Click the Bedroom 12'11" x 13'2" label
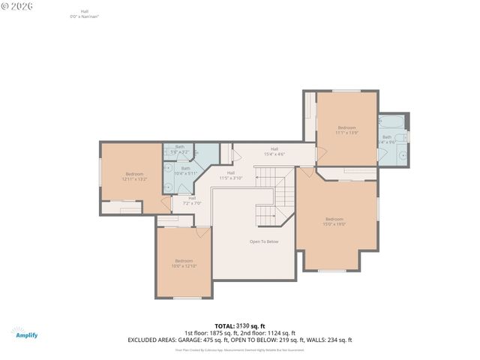pos(134,176)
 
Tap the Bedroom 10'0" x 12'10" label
pos(184,263)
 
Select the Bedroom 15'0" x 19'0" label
pos(334,221)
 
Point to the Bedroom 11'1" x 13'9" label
pos(347,130)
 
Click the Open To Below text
pos(264,241)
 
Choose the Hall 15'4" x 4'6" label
pos(274,151)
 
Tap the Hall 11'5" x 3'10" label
pos(231,175)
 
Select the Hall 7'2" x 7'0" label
pos(192,200)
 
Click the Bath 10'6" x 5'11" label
pos(185,170)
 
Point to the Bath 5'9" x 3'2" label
pos(179,148)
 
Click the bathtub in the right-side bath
pos(392,121)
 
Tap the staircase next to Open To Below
pos(273,196)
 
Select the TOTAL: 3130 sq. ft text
pos(239,325)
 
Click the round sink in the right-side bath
pos(402,156)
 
